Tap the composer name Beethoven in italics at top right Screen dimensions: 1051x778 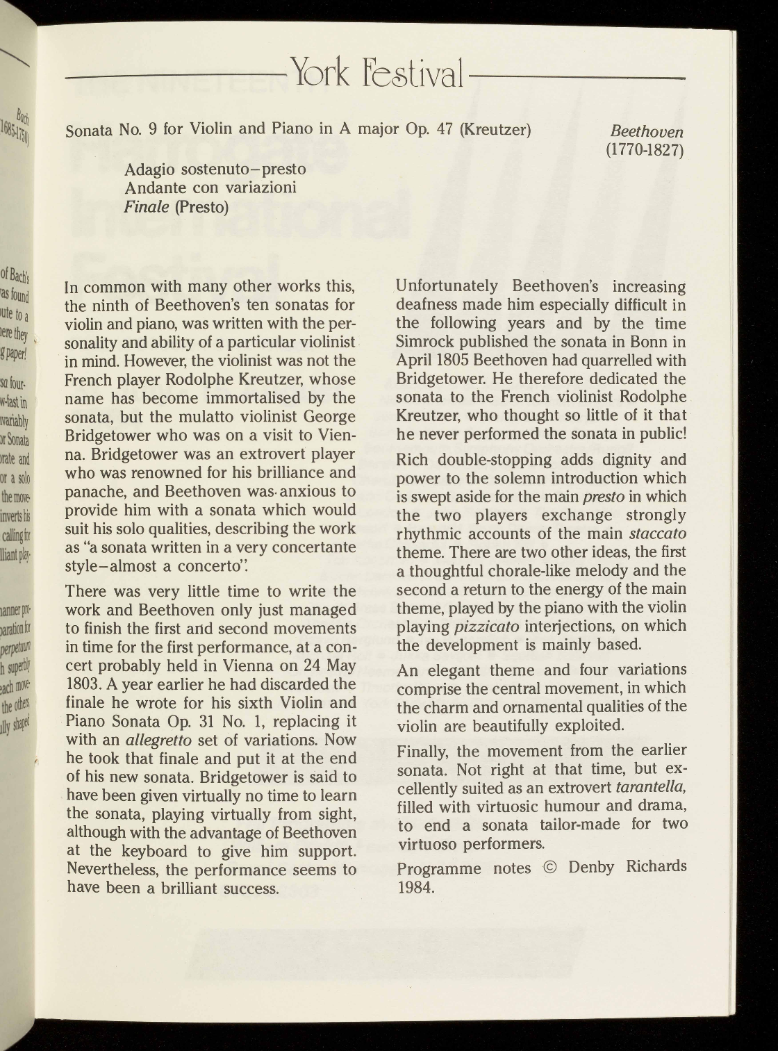coord(646,131)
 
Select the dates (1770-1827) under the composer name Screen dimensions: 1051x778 coord(645,150)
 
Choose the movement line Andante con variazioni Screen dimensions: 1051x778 coord(211,188)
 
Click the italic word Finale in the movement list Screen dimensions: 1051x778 coord(147,206)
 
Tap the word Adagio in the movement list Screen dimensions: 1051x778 coord(150,169)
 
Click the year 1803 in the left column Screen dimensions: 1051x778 coord(84,684)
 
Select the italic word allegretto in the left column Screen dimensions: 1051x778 coord(158,740)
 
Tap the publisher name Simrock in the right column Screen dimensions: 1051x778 coord(424,342)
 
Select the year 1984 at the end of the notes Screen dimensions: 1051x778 coord(415,886)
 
